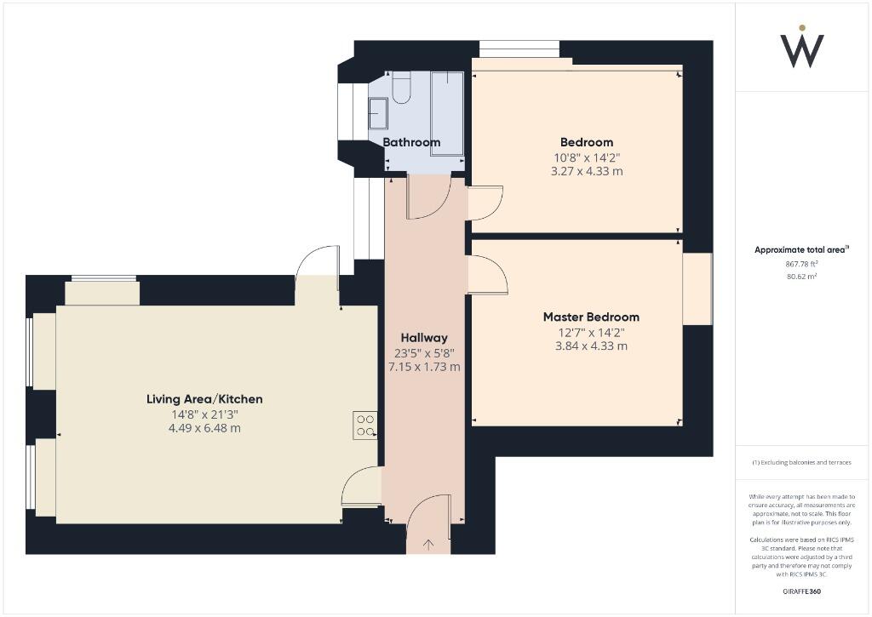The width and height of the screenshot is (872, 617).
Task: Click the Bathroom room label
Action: tap(411, 142)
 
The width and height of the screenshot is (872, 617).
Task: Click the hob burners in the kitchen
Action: tap(365, 425)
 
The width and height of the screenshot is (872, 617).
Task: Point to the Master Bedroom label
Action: tap(591, 317)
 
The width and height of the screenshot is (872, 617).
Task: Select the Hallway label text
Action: tap(423, 338)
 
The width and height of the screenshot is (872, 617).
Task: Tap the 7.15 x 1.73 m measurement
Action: tap(423, 367)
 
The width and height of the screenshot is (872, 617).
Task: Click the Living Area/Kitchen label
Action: tap(204, 399)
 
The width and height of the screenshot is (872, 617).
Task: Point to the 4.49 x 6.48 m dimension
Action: tap(204, 428)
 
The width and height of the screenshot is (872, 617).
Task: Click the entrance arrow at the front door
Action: tap(427, 543)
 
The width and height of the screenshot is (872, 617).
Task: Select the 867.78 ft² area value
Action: tap(800, 264)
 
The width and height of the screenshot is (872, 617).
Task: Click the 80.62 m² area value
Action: tap(800, 277)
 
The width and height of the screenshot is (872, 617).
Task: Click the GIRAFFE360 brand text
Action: tap(801, 591)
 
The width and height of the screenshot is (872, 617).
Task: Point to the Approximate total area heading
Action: tap(800, 249)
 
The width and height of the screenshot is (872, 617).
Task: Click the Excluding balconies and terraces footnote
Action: tap(801, 462)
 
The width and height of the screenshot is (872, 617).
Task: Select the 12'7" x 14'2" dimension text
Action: tap(591, 332)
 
